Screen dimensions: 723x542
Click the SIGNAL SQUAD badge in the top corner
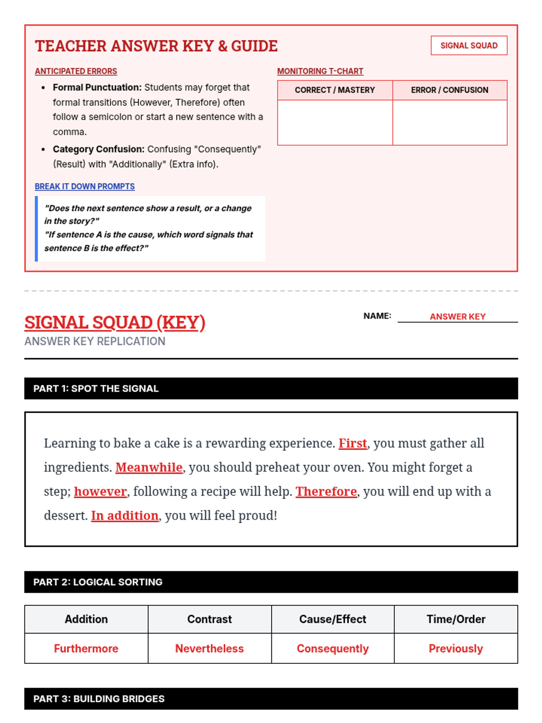pyautogui.click(x=469, y=46)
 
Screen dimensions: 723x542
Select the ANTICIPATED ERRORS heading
pyautogui.click(x=76, y=71)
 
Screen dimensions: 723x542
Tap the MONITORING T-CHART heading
pyautogui.click(x=320, y=71)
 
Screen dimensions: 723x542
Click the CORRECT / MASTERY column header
pyautogui.click(x=335, y=90)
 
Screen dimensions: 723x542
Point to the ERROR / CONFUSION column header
pyautogui.click(x=449, y=90)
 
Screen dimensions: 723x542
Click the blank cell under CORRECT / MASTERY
pyautogui.click(x=335, y=122)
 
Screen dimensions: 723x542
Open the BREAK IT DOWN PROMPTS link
pyautogui.click(x=84, y=187)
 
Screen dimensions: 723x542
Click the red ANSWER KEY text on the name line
pyautogui.click(x=458, y=317)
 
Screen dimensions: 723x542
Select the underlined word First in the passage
pyautogui.click(x=353, y=443)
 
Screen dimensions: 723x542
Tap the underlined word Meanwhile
pyautogui.click(x=149, y=467)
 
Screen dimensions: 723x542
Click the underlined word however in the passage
pyautogui.click(x=100, y=492)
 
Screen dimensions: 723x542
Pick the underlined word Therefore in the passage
pyautogui.click(x=326, y=492)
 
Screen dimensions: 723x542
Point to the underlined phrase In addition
pyautogui.click(x=125, y=516)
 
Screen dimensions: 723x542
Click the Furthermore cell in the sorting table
pyautogui.click(x=86, y=648)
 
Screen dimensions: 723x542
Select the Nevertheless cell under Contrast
pyautogui.click(x=210, y=648)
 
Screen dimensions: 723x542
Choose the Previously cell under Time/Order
pyautogui.click(x=456, y=648)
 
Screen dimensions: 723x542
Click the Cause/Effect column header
pyautogui.click(x=332, y=619)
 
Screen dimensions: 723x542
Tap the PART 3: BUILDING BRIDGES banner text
pyautogui.click(x=99, y=699)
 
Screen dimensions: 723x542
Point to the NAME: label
pyautogui.click(x=377, y=316)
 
